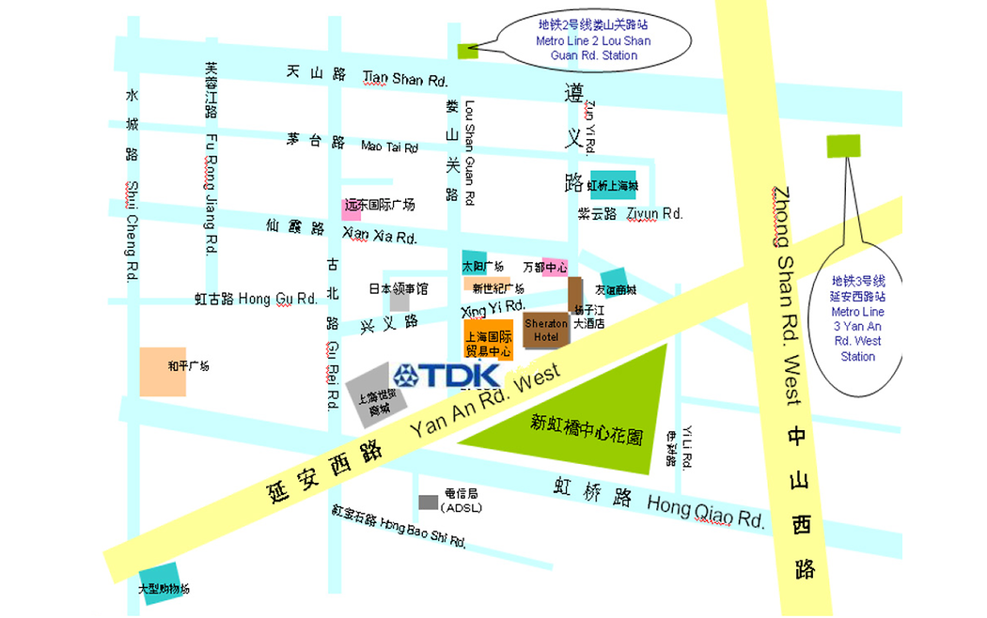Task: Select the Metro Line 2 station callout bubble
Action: (x=594, y=41)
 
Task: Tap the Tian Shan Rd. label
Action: (x=404, y=79)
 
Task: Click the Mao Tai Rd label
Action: (x=389, y=147)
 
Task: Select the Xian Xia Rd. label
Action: (x=380, y=237)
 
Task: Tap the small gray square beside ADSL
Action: (x=428, y=502)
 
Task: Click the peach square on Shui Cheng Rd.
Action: (x=163, y=371)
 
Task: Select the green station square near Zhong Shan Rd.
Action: (x=843, y=146)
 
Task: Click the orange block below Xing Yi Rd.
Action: (x=489, y=338)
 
